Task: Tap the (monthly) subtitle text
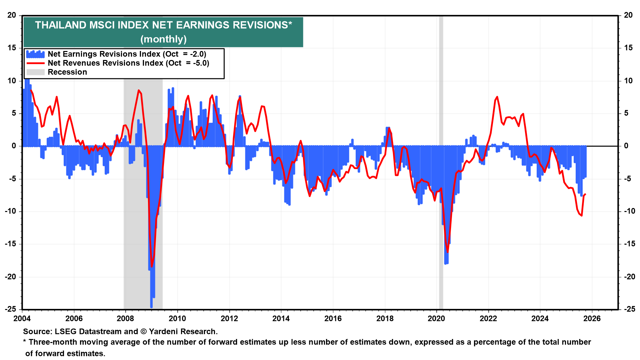[x=163, y=39]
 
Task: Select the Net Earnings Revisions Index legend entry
[x=127, y=54]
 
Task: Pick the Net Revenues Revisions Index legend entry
[x=128, y=63]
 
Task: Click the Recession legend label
[x=67, y=72]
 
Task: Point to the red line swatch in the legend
[x=35, y=63]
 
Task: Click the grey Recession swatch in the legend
[x=35, y=72]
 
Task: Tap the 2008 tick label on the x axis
[x=125, y=318]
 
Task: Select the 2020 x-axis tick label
[x=436, y=318]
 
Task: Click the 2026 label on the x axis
[x=592, y=318]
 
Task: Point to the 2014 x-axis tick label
[x=281, y=318]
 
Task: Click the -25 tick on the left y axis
[x=10, y=309]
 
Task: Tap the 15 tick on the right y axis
[x=628, y=48]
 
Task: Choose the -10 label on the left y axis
[x=10, y=211]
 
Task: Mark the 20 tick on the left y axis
[x=12, y=15]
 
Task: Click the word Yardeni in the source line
[x=164, y=331]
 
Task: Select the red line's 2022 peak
[x=497, y=97]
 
